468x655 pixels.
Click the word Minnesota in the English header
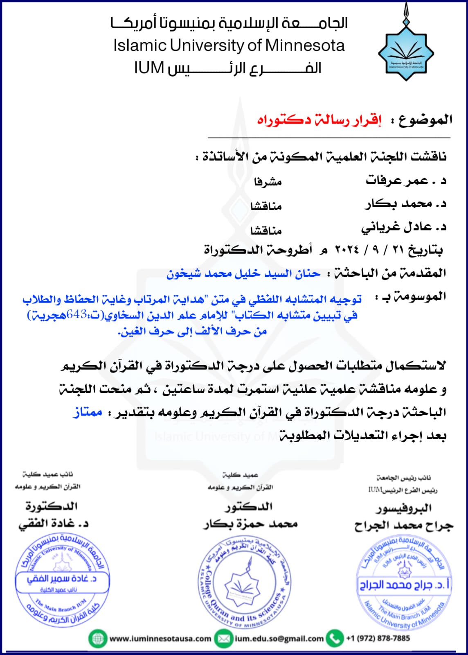click(x=305, y=45)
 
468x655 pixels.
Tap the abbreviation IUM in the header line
click(x=149, y=68)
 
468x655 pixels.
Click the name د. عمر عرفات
click(x=405, y=181)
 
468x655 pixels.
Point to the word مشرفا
click(x=268, y=181)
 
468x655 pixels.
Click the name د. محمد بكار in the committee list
click(x=405, y=203)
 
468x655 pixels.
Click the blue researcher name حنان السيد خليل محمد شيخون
click(x=243, y=273)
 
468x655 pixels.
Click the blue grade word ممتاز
click(x=88, y=412)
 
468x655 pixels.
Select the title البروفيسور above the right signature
click(x=404, y=508)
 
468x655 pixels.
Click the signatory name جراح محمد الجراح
click(x=404, y=525)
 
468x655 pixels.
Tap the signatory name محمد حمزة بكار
click(x=250, y=524)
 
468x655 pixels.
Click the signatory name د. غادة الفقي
click(x=53, y=524)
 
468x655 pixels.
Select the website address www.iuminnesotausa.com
click(x=160, y=639)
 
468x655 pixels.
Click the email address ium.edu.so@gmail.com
click(x=279, y=639)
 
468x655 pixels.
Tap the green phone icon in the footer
click(x=335, y=638)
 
